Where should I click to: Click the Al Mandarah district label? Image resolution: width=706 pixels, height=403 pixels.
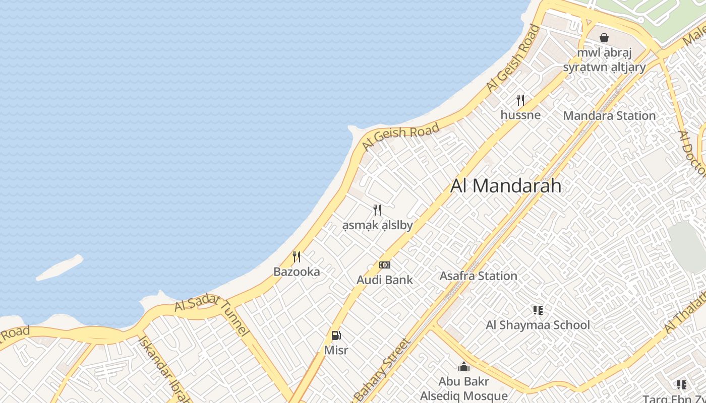(505, 186)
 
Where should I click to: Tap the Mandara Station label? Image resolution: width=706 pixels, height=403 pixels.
(609, 116)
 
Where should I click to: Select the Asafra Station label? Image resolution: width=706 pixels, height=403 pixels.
(478, 276)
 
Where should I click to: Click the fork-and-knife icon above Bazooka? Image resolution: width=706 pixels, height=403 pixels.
(297, 257)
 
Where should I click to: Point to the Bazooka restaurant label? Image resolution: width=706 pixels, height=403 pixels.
(297, 272)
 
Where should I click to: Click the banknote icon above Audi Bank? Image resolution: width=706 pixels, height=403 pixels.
(385, 265)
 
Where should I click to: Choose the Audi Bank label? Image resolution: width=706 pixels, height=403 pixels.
(385, 280)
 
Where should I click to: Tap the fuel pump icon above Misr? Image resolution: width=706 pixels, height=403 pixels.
(336, 335)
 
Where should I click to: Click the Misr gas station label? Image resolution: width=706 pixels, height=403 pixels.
(336, 350)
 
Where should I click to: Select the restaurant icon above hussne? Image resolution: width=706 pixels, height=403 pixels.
(520, 100)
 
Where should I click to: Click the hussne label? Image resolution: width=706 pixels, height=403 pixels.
(520, 115)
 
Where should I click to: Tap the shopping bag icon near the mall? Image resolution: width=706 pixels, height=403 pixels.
(604, 38)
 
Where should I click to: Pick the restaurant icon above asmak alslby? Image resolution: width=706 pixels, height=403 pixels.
(377, 210)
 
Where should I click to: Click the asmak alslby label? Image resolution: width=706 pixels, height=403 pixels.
(377, 225)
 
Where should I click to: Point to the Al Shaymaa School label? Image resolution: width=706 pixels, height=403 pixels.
(538, 325)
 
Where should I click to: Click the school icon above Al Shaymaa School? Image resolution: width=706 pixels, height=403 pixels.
(538, 310)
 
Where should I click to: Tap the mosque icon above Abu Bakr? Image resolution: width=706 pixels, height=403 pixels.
(464, 367)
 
